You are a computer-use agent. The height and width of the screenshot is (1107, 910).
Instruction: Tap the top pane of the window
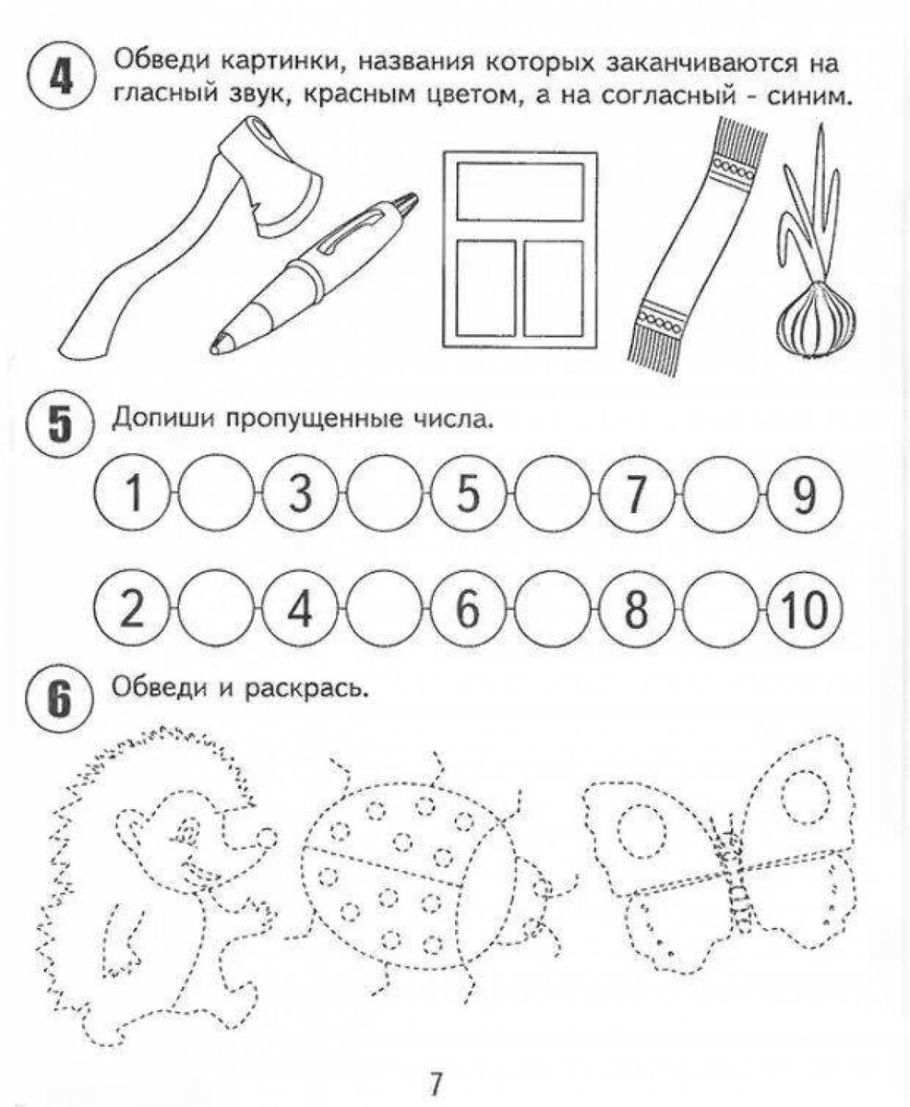pyautogui.click(x=521, y=191)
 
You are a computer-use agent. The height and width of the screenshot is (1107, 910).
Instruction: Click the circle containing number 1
pyautogui.click(x=135, y=495)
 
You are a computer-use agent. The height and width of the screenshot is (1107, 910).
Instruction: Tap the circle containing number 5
pyautogui.click(x=469, y=495)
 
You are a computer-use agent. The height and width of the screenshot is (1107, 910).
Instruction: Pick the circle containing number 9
pyautogui.click(x=804, y=495)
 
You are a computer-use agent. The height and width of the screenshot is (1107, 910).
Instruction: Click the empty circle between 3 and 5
pyautogui.click(x=386, y=495)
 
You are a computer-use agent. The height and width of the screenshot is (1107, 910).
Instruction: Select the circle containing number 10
pyautogui.click(x=804, y=610)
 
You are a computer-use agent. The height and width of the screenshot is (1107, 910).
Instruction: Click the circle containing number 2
pyautogui.click(x=135, y=610)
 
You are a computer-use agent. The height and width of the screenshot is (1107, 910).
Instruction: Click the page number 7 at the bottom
pyautogui.click(x=437, y=1079)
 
